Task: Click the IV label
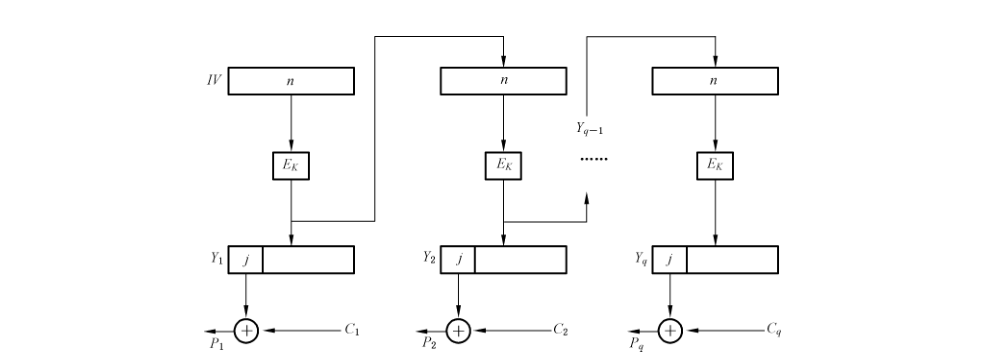(x=214, y=80)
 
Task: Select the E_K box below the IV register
(x=291, y=166)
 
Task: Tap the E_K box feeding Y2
(x=503, y=166)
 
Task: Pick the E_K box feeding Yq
(x=715, y=166)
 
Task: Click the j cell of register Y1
(x=246, y=260)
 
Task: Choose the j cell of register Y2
(x=458, y=260)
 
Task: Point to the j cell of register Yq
(x=670, y=260)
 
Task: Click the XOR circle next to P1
(x=246, y=331)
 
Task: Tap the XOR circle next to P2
(x=458, y=331)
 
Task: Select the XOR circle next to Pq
(x=670, y=331)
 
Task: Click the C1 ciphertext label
(x=352, y=330)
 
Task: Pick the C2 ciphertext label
(x=561, y=330)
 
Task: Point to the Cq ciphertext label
(x=774, y=331)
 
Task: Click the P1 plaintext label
(x=217, y=343)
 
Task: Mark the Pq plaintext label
(x=636, y=344)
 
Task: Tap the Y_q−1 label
(x=590, y=128)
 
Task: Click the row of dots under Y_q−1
(x=594, y=159)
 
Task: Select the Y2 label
(x=429, y=258)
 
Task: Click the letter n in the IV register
(x=291, y=81)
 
